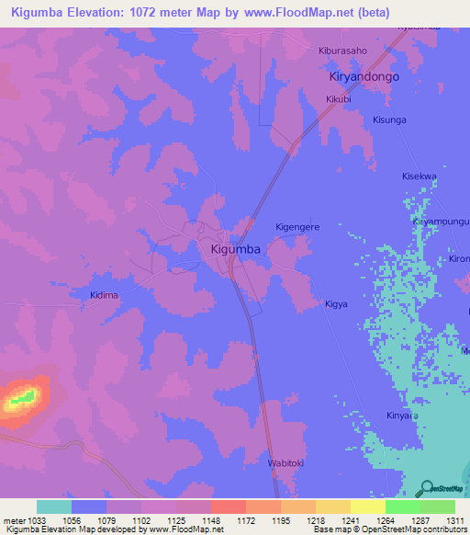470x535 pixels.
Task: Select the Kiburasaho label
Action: pos(341,51)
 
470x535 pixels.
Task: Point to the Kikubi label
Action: pos(340,99)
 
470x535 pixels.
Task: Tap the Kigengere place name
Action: pos(297,226)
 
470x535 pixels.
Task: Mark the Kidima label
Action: pos(105,295)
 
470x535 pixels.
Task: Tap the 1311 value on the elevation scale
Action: pos(455,521)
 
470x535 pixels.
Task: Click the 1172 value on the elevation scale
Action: pos(246,521)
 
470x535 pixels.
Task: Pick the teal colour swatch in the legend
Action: pos(54,507)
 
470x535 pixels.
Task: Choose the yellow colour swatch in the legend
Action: pos(367,507)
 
